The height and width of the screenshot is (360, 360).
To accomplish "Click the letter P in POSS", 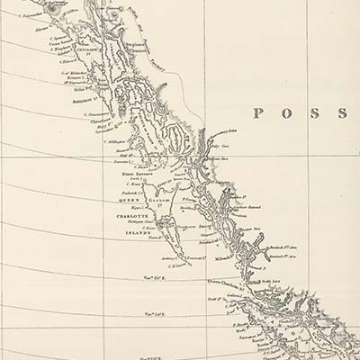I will pos(257,113).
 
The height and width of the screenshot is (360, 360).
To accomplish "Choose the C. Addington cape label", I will pos(115,141).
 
